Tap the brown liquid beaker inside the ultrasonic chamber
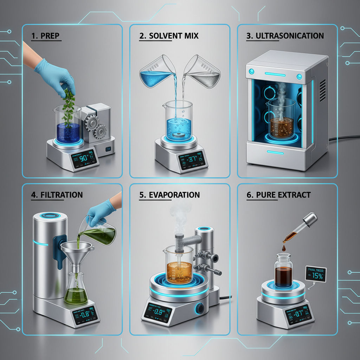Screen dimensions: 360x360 (x=281, y=121)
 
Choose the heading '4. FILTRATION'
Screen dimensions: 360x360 (x=57, y=195)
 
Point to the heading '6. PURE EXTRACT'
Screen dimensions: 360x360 (x=279, y=195)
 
